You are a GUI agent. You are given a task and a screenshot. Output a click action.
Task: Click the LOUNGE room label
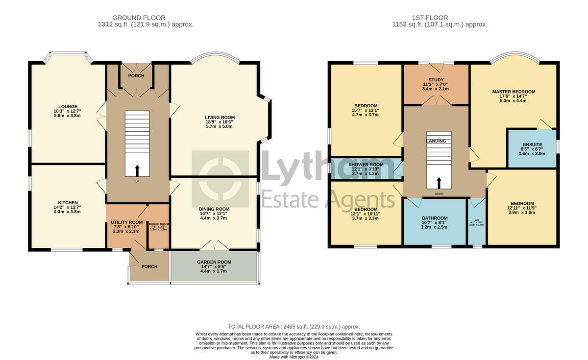click(x=68, y=105)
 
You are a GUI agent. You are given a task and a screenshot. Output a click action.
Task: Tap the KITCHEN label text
click(x=68, y=202)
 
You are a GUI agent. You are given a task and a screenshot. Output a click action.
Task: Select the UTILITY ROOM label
click(x=126, y=222)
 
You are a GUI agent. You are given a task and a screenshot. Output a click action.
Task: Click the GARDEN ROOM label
click(x=214, y=262)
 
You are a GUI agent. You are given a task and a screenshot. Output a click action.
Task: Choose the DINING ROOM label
click(x=214, y=209)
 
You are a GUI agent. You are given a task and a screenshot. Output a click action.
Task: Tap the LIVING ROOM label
click(x=220, y=118)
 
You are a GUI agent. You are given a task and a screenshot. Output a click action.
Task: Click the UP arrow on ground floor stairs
click(x=137, y=170)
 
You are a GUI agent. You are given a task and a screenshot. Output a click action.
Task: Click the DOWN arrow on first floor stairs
click(x=439, y=183)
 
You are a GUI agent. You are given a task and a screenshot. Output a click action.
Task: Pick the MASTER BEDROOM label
click(x=514, y=92)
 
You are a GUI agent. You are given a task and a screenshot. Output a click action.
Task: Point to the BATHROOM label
click(x=435, y=218)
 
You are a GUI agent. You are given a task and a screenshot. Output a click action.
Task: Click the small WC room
click(x=476, y=223)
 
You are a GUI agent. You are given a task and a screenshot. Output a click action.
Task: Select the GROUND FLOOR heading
click(x=139, y=18)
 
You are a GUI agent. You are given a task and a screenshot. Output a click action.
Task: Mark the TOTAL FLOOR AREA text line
click(x=294, y=327)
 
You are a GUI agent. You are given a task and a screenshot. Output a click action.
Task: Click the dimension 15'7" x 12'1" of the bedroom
click(x=366, y=110)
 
